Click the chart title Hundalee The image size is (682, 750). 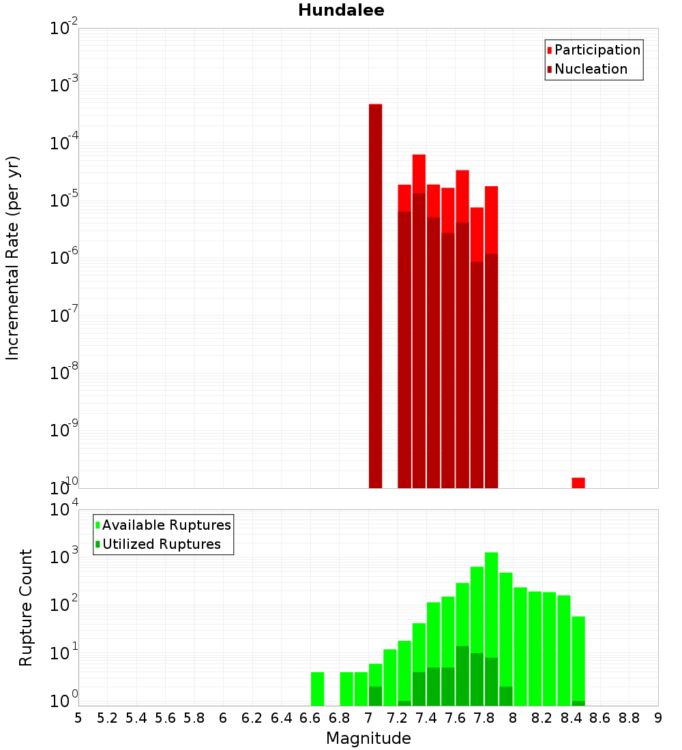click(341, 10)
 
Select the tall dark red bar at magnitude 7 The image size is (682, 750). click(375, 293)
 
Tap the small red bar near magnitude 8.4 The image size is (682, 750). click(578, 483)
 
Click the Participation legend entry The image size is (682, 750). click(597, 50)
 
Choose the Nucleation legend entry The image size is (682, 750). click(591, 69)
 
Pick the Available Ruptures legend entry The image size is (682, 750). click(166, 525)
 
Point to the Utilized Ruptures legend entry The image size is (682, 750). click(161, 544)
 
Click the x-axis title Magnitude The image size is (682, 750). click(368, 738)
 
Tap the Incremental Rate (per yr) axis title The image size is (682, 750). click(13, 258)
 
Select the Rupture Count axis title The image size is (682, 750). click(26, 607)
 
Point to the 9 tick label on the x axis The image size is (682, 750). click(658, 717)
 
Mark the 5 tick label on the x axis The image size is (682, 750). click(78, 717)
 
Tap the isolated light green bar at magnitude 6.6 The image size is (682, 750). click(317, 689)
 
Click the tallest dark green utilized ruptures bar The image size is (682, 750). click(462, 675)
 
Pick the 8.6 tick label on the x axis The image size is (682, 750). click(600, 717)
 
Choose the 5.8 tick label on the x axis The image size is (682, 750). click(194, 717)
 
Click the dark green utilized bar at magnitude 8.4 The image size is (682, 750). click(578, 703)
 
